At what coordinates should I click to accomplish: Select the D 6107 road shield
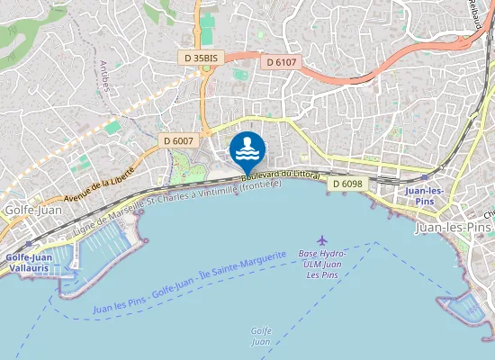(x=282, y=62)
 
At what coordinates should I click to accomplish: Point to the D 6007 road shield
(x=178, y=140)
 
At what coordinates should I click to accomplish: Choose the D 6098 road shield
(x=346, y=184)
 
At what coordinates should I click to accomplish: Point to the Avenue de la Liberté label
(x=99, y=184)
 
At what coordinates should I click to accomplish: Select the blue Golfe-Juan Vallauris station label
(x=27, y=262)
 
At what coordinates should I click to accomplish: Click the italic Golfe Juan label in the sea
(x=260, y=336)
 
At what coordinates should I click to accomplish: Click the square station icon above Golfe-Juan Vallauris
(x=30, y=244)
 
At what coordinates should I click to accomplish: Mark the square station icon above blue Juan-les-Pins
(x=424, y=179)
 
